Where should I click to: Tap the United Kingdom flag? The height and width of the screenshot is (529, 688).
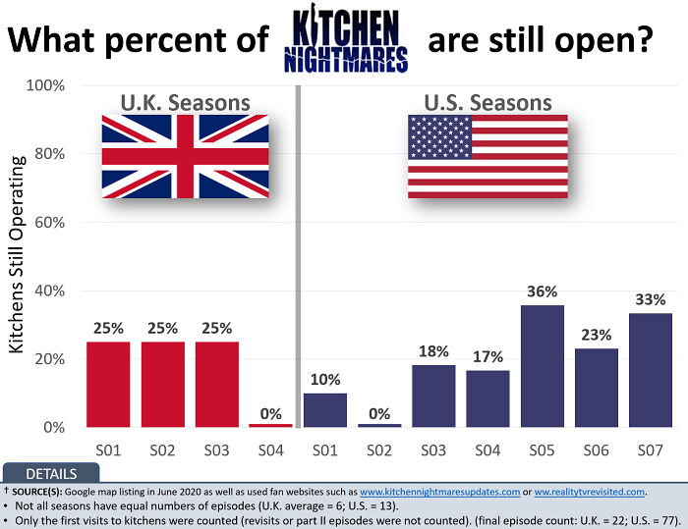pyautogui.click(x=185, y=156)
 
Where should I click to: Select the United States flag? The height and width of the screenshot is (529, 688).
pyautogui.click(x=487, y=156)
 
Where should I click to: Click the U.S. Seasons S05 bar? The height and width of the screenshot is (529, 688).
pyautogui.click(x=542, y=366)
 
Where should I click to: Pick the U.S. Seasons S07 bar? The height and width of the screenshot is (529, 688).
pyautogui.click(x=650, y=370)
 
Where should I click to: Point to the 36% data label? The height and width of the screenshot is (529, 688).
pyautogui.click(x=542, y=291)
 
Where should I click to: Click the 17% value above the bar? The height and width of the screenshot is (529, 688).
pyautogui.click(x=487, y=356)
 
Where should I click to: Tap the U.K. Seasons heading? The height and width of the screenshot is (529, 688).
pyautogui.click(x=185, y=102)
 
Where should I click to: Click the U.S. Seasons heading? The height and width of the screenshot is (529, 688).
pyautogui.click(x=487, y=102)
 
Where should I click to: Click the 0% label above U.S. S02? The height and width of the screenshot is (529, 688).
pyautogui.click(x=379, y=414)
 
